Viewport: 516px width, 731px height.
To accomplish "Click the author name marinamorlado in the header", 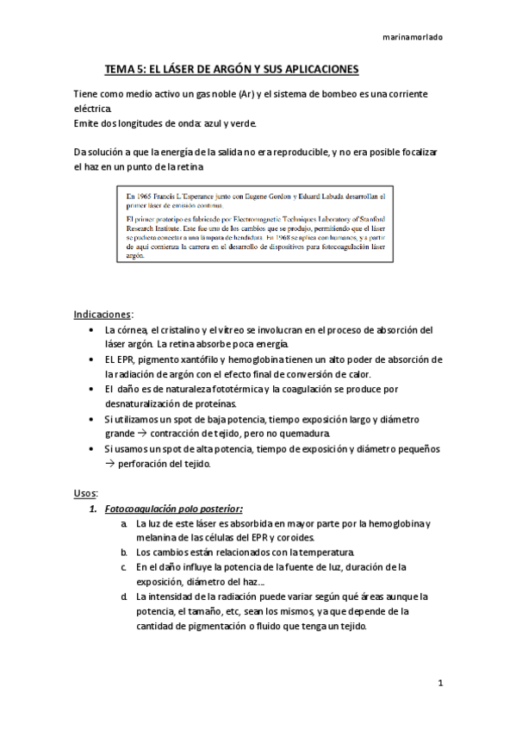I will click(x=413, y=37).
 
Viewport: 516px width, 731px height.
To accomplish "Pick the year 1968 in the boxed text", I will click(x=281, y=234).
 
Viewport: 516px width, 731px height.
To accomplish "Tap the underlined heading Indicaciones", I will click(x=103, y=314).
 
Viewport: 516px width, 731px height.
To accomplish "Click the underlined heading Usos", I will click(x=85, y=492).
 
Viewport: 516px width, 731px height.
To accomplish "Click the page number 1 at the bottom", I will click(x=439, y=684).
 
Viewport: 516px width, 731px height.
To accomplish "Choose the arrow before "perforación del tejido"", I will click(x=109, y=464).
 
